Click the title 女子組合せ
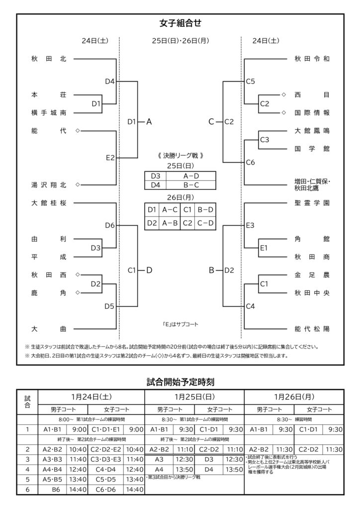click(x=180, y=23)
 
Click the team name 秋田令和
click(x=312, y=59)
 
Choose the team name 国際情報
click(x=312, y=113)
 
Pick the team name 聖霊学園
click(x=312, y=203)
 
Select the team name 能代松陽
click(x=312, y=329)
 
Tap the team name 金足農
click(x=312, y=275)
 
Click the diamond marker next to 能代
click(x=77, y=131)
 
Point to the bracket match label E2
click(x=110, y=158)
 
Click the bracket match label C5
click(x=251, y=81)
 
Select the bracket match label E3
click(x=251, y=225)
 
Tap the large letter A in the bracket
click(x=149, y=121)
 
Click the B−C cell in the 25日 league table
click(x=191, y=185)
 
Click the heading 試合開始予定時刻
click(x=180, y=382)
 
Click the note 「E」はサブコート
click(x=180, y=324)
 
